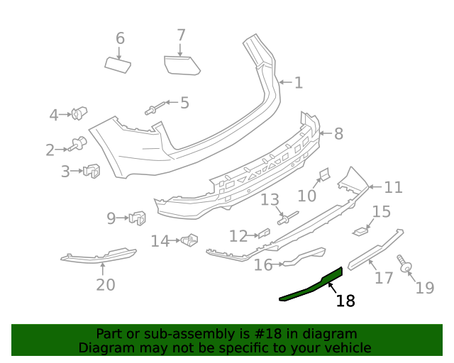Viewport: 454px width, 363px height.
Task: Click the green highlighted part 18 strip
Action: pos(312,285)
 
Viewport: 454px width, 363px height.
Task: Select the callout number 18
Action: pos(345,301)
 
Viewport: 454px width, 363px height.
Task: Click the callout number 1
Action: pos(299,83)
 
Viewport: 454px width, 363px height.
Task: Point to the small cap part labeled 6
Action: pos(118,65)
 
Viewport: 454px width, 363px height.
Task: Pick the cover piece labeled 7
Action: pos(182,65)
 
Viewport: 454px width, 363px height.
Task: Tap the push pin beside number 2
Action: pos(77,145)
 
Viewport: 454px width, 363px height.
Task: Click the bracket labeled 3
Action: pos(92,171)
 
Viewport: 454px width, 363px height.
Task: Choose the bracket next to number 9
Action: pos(137,218)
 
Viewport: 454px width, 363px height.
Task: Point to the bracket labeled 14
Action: pos(189,241)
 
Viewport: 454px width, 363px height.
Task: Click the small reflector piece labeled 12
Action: pos(262,233)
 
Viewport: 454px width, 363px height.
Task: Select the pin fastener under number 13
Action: pos(288,218)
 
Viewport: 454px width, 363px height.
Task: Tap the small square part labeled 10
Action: pos(323,174)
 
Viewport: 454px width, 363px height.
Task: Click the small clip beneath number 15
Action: pos(362,230)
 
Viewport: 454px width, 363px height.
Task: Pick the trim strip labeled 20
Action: pos(99,255)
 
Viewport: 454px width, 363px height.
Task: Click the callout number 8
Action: pos(338,133)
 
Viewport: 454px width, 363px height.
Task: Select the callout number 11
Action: pos(393,187)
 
